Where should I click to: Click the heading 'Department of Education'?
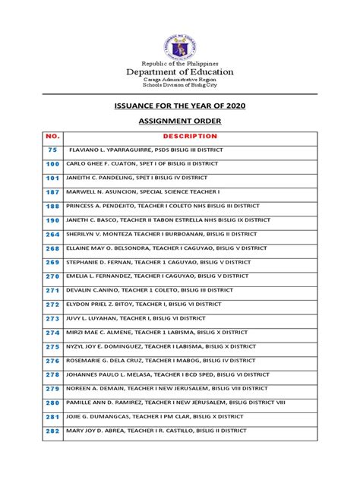point(180,72)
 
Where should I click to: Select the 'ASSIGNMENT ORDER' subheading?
point(180,120)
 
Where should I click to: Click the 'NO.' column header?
point(52,137)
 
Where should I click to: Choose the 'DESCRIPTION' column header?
point(190,137)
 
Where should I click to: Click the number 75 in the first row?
point(52,150)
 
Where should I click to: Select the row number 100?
point(52,164)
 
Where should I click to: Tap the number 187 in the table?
point(52,192)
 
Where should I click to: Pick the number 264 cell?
point(52,234)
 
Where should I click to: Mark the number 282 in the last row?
point(52,431)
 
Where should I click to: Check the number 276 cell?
point(52,360)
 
